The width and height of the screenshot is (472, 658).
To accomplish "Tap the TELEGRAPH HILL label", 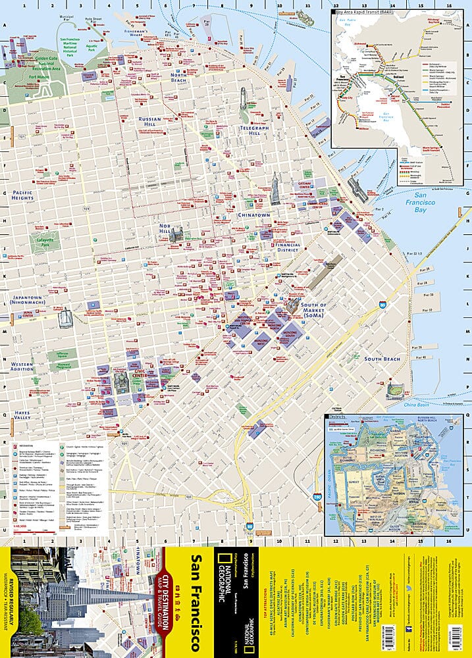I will click(245, 128).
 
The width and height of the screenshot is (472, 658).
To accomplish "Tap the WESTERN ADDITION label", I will click(22, 367).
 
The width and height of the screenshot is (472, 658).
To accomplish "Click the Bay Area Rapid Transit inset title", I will click(361, 12).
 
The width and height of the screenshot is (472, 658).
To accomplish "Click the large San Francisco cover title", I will click(196, 601).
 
